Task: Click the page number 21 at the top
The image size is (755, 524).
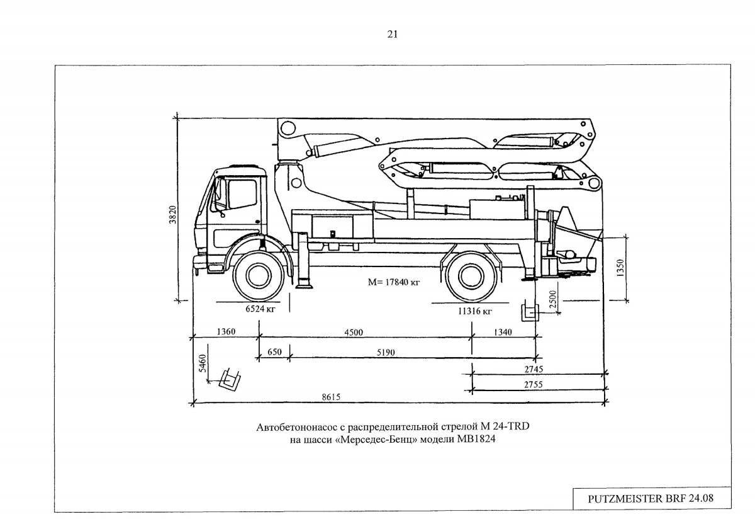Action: (x=392, y=35)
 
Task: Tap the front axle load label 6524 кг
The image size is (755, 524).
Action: (x=260, y=310)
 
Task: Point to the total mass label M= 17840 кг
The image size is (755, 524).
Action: (x=394, y=283)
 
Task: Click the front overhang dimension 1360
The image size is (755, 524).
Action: (x=225, y=332)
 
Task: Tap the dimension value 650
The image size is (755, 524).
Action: (x=274, y=353)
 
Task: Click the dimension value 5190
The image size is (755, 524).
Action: (x=386, y=353)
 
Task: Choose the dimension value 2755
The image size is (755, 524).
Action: (x=532, y=384)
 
